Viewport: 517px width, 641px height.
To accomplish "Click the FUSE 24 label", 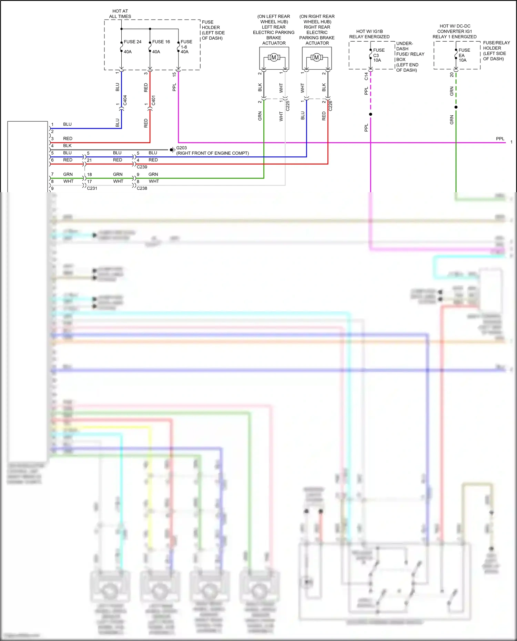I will coord(132,42).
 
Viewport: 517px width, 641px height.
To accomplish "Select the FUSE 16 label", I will coord(161,42).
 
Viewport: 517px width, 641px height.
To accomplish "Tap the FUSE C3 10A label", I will coord(378,55).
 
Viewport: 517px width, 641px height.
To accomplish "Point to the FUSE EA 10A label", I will coord(464,55).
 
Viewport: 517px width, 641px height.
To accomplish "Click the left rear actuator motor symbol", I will coord(274,58).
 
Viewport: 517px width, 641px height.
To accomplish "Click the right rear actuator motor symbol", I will coord(316,58).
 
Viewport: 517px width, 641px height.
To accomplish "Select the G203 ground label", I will coord(182,148).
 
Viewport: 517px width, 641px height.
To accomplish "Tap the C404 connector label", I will coord(125,100).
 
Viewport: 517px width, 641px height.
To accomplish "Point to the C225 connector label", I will coord(288,106).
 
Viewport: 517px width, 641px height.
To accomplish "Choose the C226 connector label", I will coord(331,106).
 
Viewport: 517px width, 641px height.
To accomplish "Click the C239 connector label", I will coord(142,167).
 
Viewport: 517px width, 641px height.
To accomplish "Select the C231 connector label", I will coord(92,188).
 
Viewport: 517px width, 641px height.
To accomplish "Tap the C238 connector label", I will coord(142,188).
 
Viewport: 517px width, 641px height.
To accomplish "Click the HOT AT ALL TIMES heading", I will coord(120,14).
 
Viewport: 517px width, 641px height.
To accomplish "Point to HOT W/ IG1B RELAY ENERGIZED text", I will coord(369,34).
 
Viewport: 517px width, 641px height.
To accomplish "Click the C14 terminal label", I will coord(366,76).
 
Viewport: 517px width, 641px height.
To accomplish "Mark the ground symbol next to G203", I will coord(172,150).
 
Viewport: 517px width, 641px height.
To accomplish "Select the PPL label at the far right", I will coord(500,139).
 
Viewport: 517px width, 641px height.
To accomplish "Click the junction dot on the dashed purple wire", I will coord(371,114).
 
